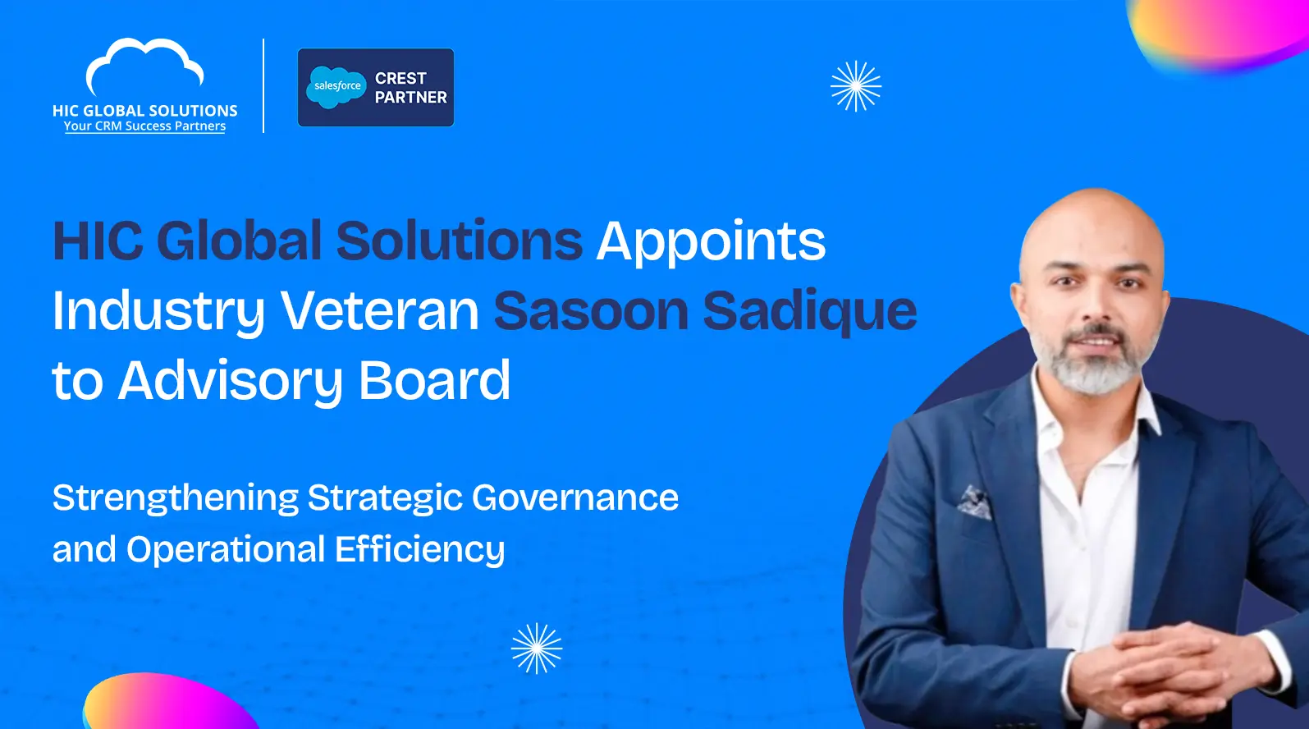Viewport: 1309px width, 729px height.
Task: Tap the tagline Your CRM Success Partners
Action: coord(144,126)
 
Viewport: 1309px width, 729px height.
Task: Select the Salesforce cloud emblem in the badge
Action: coord(336,86)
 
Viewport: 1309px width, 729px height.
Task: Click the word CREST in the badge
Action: coord(400,78)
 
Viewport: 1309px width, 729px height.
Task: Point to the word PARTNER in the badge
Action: coord(410,97)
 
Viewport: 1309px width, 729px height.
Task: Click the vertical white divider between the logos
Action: coord(263,85)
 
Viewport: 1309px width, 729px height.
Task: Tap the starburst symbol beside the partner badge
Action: coord(856,86)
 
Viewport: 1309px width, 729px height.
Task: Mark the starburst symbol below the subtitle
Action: coord(537,649)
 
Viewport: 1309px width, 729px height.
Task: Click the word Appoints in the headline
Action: coord(711,241)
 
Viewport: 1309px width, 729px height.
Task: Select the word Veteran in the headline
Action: coord(379,311)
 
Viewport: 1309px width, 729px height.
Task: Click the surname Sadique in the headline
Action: coord(809,311)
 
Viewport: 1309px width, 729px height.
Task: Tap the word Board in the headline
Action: coord(434,381)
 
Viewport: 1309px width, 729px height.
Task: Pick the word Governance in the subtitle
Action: coord(575,497)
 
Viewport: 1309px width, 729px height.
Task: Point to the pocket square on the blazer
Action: coord(974,502)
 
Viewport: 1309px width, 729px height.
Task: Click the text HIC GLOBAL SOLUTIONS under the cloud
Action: coord(144,110)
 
